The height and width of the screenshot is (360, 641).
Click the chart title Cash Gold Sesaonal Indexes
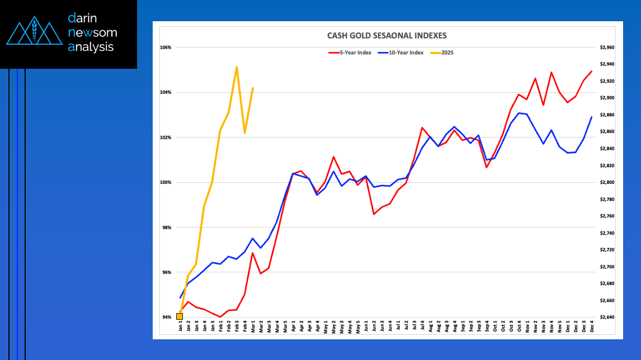tap(387, 36)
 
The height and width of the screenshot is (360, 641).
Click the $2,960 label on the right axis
tap(607, 48)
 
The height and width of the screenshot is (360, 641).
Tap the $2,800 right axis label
tap(607, 183)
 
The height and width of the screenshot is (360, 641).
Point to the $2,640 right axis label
tap(607, 318)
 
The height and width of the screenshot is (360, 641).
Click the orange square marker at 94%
tap(179, 317)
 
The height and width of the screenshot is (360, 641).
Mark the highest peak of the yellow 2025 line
tap(237, 67)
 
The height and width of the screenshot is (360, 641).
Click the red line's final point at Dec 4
tap(592, 72)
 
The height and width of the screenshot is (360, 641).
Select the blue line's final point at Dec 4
tap(592, 117)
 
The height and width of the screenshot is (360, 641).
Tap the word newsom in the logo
tap(92, 33)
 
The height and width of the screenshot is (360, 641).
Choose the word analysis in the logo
tap(91, 48)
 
